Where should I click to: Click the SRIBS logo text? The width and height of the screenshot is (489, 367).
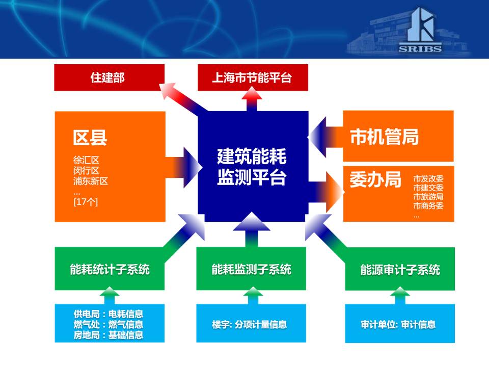pyautogui.click(x=420, y=49)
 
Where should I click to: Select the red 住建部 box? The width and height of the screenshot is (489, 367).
pyautogui.click(x=110, y=77)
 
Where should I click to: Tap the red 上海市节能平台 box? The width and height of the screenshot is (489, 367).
pyautogui.click(x=253, y=77)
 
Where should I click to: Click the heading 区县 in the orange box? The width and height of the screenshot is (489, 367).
pyautogui.click(x=90, y=138)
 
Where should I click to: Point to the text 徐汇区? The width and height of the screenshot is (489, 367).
pyautogui.click(x=87, y=160)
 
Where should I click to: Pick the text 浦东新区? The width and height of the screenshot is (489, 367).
pyautogui.click(x=91, y=181)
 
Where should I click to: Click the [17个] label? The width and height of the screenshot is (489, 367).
pyautogui.click(x=86, y=202)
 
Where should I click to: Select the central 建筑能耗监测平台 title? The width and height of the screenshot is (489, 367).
pyautogui.click(x=252, y=167)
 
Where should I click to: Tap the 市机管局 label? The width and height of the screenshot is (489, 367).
pyautogui.click(x=384, y=137)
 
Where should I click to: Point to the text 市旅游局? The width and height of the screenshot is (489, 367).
pyautogui.click(x=428, y=197)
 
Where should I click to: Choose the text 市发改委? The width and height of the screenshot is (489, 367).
pyautogui.click(x=428, y=178)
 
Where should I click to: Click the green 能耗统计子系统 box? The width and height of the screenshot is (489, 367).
pyautogui.click(x=110, y=269)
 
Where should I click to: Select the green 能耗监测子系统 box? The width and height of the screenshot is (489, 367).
pyautogui.click(x=251, y=269)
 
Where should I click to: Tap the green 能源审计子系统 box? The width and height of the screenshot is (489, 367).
pyautogui.click(x=400, y=269)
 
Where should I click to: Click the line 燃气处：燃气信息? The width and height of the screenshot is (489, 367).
pyautogui.click(x=108, y=325)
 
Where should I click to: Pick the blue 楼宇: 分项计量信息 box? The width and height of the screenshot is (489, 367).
pyautogui.click(x=251, y=323)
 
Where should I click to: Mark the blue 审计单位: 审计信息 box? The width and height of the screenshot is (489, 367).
pyautogui.click(x=400, y=324)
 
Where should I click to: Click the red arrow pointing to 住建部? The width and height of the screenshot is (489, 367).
pyautogui.click(x=184, y=97)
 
